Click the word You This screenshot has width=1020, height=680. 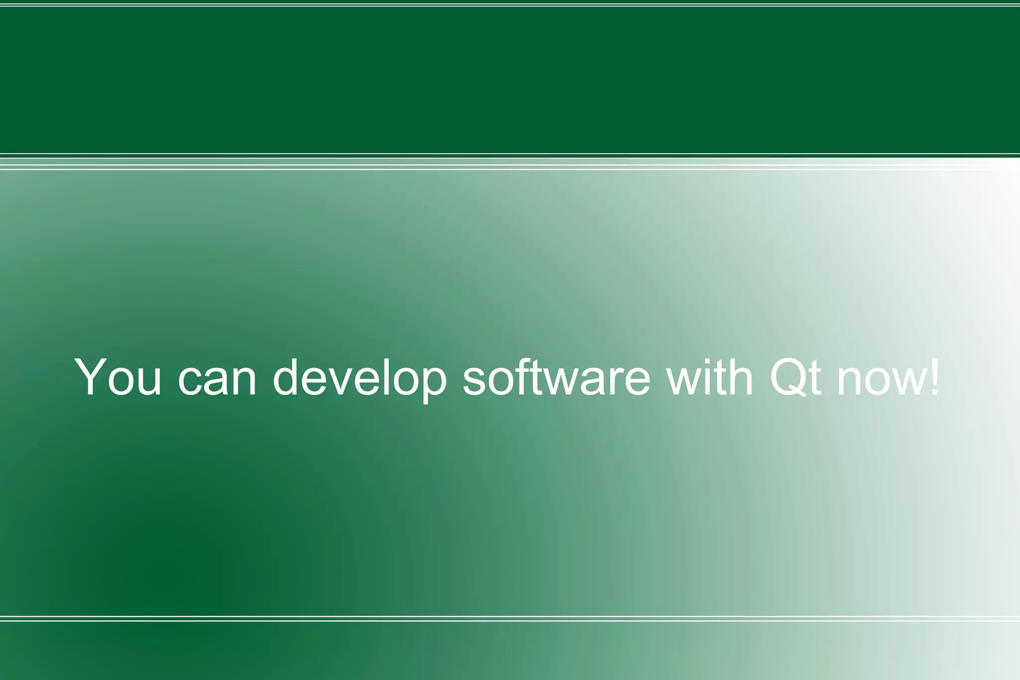click(x=119, y=377)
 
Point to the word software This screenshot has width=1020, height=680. click(x=556, y=377)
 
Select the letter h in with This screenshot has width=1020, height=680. click(x=741, y=376)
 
